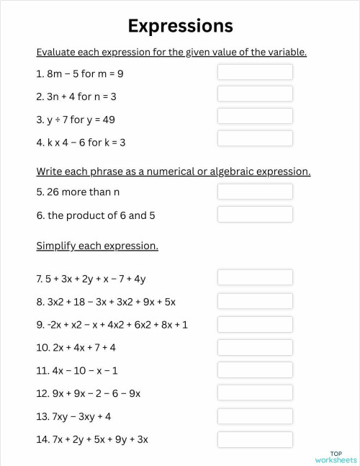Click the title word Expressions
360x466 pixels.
(180, 26)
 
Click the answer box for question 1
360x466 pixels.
(255, 72)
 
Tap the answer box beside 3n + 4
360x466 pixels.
(255, 94)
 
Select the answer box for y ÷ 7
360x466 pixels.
(255, 117)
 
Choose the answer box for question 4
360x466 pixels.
(255, 139)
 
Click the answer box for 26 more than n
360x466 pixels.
(255, 192)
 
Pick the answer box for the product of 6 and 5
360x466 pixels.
(255, 214)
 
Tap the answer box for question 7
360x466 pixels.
(255, 277)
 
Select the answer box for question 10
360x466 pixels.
(255, 346)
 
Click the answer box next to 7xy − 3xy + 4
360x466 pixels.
(255, 416)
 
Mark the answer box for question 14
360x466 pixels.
(255, 439)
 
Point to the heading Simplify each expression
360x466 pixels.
(97, 246)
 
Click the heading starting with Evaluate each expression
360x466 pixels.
(171, 52)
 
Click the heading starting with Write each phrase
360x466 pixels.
(174, 171)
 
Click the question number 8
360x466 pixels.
(40, 302)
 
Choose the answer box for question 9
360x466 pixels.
(255, 323)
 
